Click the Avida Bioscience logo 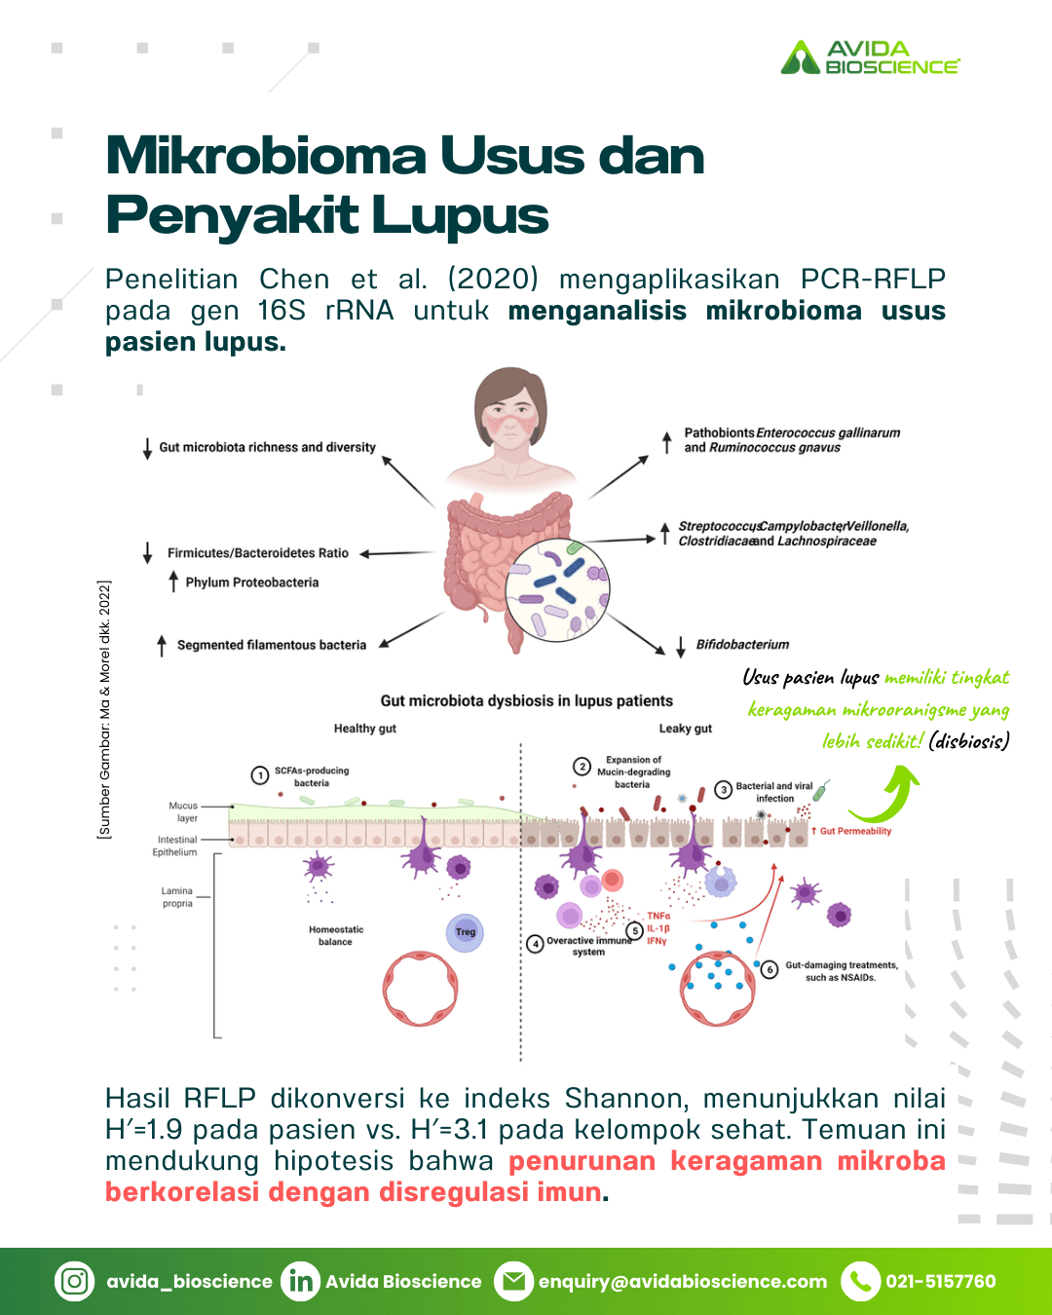[x=870, y=57]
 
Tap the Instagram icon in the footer [x=75, y=1281]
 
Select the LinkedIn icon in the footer [x=300, y=1281]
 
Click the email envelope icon [x=513, y=1281]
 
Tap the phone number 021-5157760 [x=941, y=1281]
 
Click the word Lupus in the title [x=461, y=215]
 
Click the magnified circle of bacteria [x=557, y=589]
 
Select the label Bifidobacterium [x=742, y=644]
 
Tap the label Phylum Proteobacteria [x=252, y=582]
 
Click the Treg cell [x=465, y=932]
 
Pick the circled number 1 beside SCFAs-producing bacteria [x=260, y=775]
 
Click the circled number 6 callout [x=769, y=969]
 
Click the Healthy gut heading [x=365, y=729]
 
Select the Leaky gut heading [x=685, y=729]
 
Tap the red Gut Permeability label [x=851, y=831]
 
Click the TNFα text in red [x=658, y=916]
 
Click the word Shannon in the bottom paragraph [x=626, y=1099]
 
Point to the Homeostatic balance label [x=336, y=935]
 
